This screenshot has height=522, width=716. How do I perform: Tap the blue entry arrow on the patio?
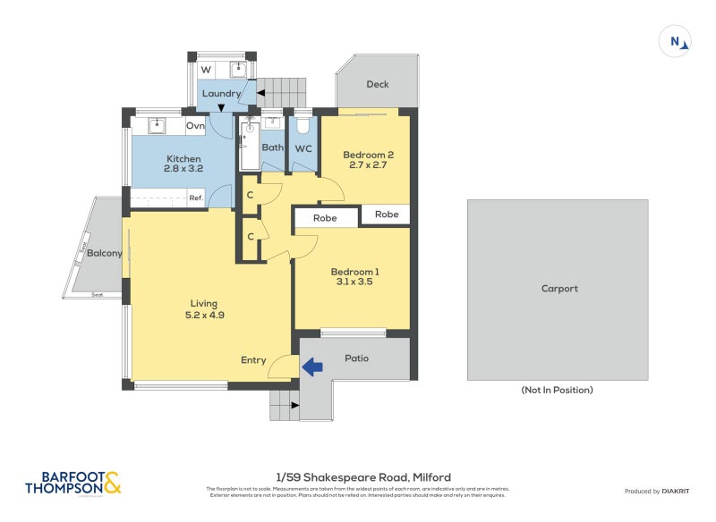click(312, 366)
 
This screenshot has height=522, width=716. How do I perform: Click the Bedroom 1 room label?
click(355, 272)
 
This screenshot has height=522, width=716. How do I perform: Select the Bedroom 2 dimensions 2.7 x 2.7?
click(369, 164)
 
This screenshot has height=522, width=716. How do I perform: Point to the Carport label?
click(559, 289)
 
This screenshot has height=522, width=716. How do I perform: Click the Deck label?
click(378, 85)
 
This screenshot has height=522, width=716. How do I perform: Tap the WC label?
click(303, 148)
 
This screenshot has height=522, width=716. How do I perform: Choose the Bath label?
click(272, 148)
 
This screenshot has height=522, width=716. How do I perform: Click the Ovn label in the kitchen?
click(195, 126)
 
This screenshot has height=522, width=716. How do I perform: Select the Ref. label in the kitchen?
click(194, 198)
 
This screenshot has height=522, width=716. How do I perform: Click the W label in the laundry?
click(206, 70)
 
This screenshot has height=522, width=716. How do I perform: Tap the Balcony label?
click(105, 253)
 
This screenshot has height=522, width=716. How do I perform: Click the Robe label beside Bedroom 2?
click(387, 215)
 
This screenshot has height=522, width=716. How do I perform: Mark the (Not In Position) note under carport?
click(557, 390)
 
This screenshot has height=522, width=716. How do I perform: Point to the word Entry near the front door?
click(253, 360)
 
